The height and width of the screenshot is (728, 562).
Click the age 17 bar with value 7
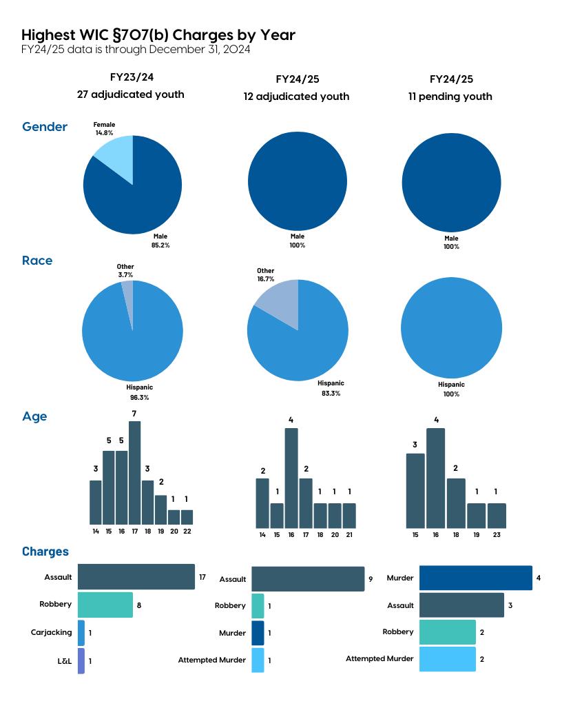pyautogui.click(x=134, y=473)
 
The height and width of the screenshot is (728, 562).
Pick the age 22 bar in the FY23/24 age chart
pyautogui.click(x=187, y=517)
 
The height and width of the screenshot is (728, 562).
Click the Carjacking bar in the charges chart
pyautogui.click(x=81, y=632)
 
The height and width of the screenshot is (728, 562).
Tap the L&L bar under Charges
pyautogui.click(x=81, y=660)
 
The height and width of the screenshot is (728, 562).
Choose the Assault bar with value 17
pyautogui.click(x=136, y=576)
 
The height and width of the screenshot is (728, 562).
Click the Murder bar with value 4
pyautogui.click(x=475, y=578)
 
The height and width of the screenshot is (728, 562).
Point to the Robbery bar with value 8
pyautogui.click(x=105, y=605)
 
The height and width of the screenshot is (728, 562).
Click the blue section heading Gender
pyautogui.click(x=45, y=127)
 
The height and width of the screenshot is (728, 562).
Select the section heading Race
pyautogui.click(x=37, y=261)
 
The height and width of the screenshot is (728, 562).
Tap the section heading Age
pyautogui.click(x=34, y=416)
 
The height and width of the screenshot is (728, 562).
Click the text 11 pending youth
pyautogui.click(x=450, y=97)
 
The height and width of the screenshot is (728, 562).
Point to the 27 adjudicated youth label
pyautogui.click(x=130, y=94)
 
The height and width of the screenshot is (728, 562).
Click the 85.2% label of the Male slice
pyautogui.click(x=160, y=245)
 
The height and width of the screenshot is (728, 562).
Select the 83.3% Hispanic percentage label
pyautogui.click(x=331, y=393)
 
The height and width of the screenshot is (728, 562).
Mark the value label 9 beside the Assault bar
pyautogui.click(x=371, y=579)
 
